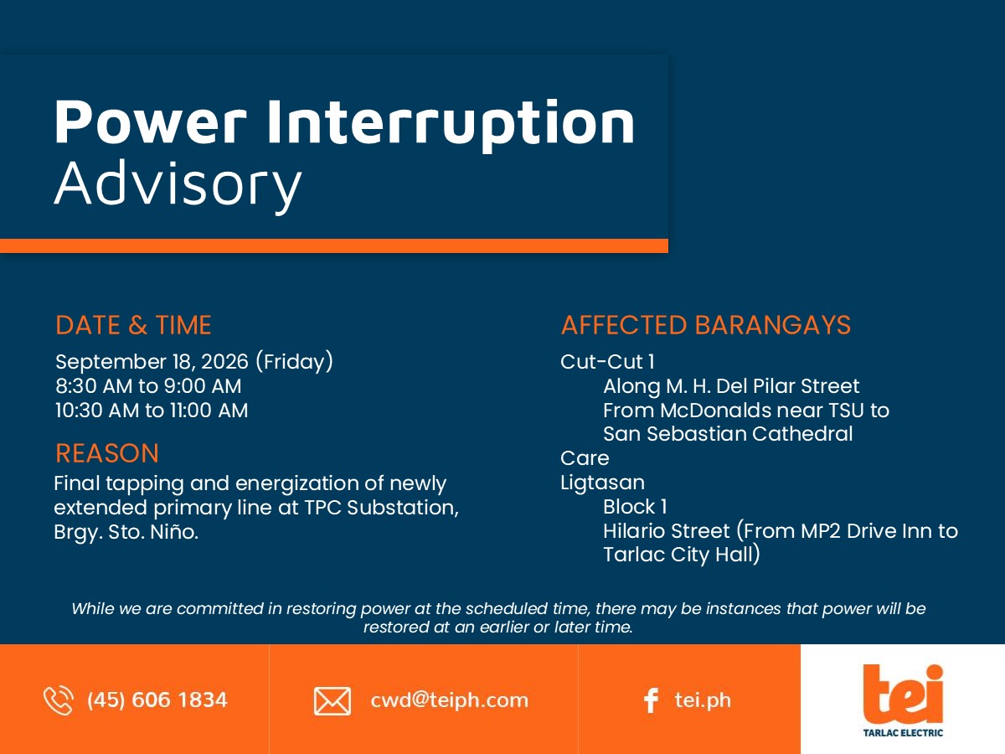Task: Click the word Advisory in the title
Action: (178, 185)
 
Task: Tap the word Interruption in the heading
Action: (451, 124)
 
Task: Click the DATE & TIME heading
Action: (133, 325)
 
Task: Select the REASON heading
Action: (107, 453)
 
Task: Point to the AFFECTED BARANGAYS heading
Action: (705, 325)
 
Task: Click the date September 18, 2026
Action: (152, 362)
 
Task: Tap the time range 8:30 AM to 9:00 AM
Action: (148, 386)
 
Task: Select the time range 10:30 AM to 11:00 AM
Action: (152, 411)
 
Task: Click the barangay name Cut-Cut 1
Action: (607, 362)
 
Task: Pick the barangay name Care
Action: (585, 458)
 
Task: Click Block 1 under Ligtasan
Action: (635, 507)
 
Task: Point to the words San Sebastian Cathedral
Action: (728, 433)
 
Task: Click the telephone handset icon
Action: (58, 700)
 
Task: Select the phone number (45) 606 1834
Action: (157, 700)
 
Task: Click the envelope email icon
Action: (332, 701)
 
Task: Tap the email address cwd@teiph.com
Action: (449, 700)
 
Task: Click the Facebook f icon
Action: (651, 700)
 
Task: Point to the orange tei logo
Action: (903, 694)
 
